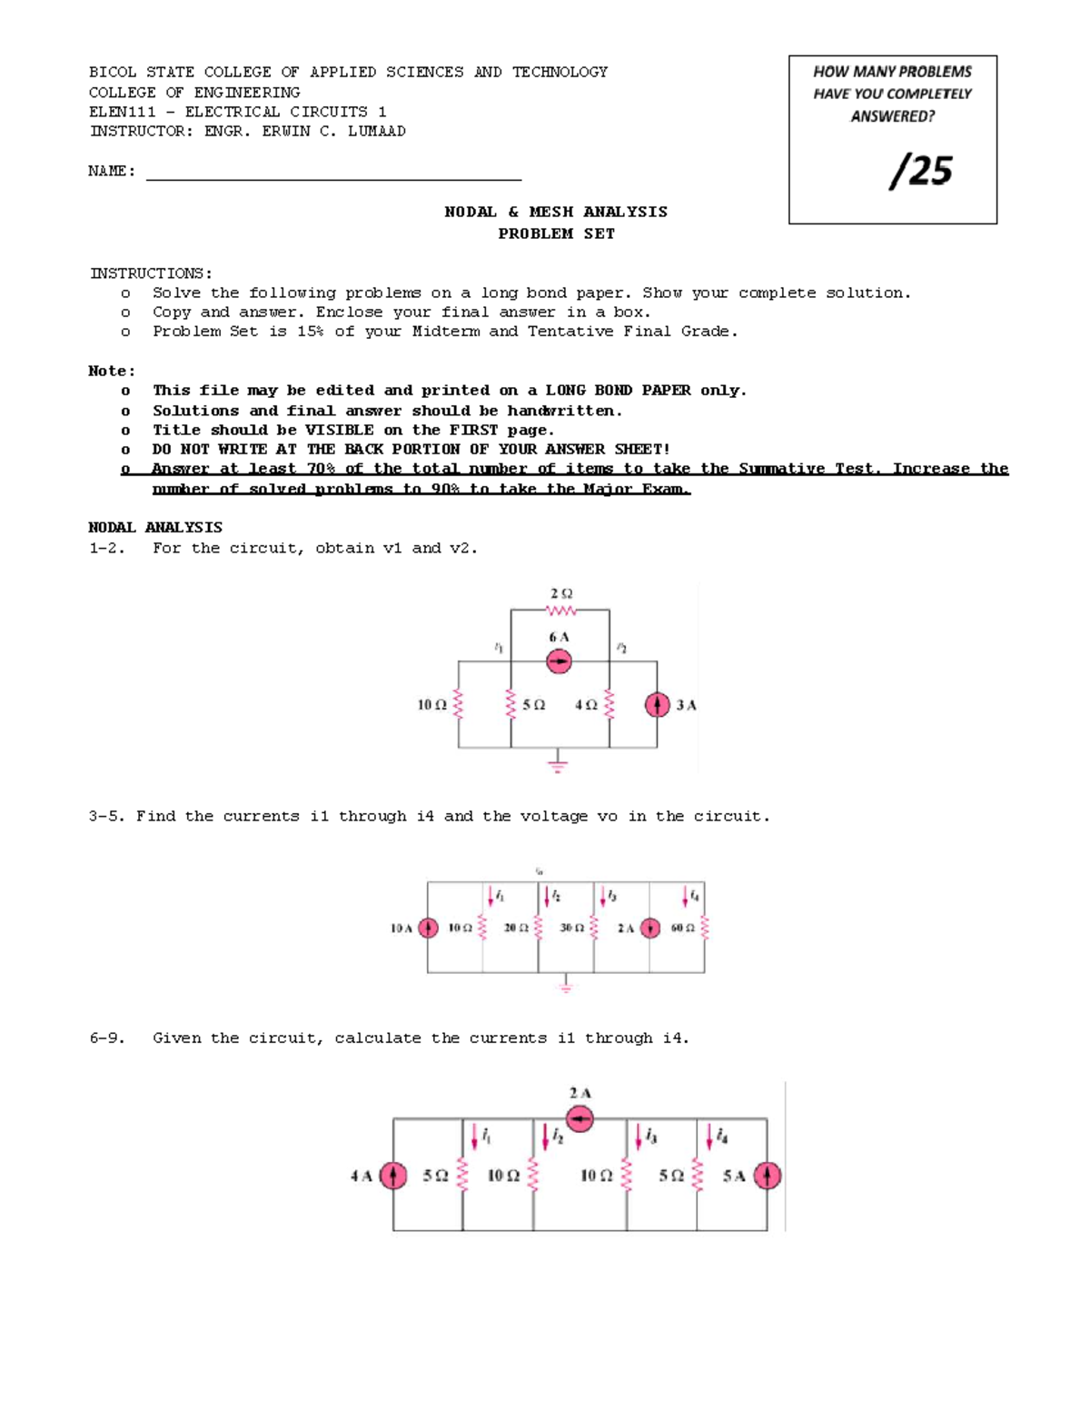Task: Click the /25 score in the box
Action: pos(921,171)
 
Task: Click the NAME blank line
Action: pos(333,179)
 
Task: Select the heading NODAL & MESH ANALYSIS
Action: pos(555,212)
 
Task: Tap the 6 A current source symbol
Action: pos(559,662)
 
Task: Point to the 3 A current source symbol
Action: pos(656,705)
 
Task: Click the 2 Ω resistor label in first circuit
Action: pos(560,593)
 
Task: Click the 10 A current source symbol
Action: pos(428,928)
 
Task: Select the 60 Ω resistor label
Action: pos(682,928)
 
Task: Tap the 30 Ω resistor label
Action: pos(571,928)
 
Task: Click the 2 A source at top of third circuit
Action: pos(580,1118)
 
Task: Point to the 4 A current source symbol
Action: pos(392,1176)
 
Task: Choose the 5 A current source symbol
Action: pos(767,1176)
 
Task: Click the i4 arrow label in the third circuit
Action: pos(721,1136)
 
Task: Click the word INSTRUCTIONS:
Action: pos(151,273)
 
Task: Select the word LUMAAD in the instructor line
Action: pos(376,131)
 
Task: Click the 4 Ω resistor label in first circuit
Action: pos(586,705)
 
